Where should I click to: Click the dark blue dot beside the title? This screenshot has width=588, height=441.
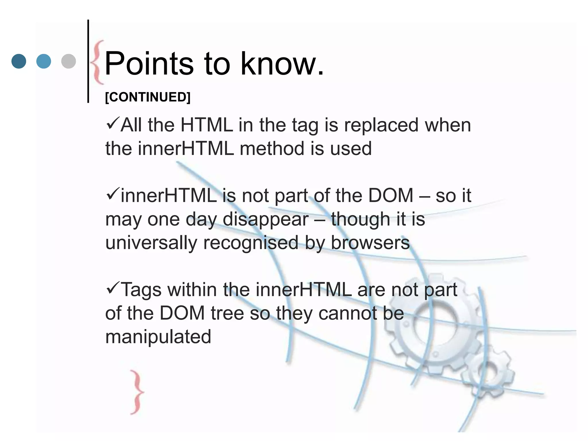(x=19, y=61)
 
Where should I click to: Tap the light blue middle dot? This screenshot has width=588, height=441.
(x=44, y=61)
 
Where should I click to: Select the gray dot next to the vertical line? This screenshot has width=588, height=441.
(x=69, y=61)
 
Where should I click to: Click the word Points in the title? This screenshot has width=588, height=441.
(x=149, y=63)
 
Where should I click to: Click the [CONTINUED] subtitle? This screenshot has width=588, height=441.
(x=148, y=97)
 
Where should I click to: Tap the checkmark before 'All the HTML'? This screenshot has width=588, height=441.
(x=112, y=124)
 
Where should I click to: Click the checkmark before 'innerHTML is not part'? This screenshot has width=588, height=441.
(x=112, y=194)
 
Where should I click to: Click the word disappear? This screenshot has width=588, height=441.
(x=266, y=220)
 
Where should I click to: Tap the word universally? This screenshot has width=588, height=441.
(x=151, y=243)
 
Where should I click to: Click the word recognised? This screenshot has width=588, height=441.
(x=251, y=243)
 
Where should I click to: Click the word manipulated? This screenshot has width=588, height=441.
(x=158, y=336)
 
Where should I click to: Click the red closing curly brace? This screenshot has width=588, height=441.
(x=137, y=392)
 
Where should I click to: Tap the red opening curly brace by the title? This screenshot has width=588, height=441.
(x=98, y=62)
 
